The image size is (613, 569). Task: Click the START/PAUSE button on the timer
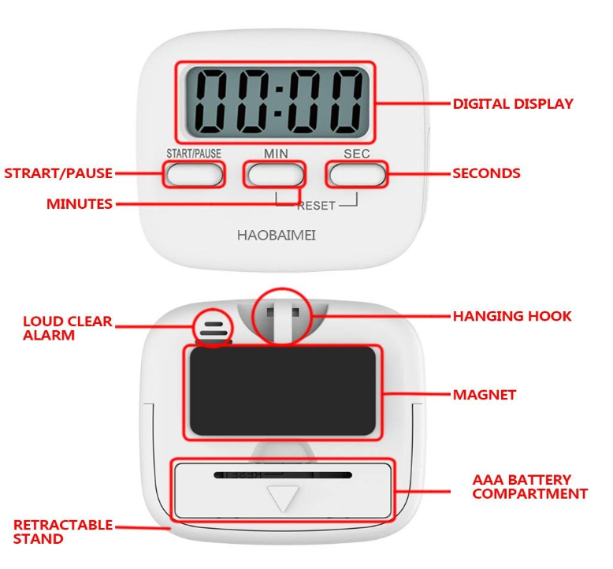pyautogui.click(x=194, y=173)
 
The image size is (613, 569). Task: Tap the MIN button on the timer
pyautogui.click(x=274, y=173)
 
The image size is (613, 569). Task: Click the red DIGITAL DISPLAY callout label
pyautogui.click(x=512, y=103)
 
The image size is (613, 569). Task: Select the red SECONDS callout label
pyautogui.click(x=486, y=173)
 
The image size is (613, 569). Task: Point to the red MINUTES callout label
pyautogui.click(x=80, y=204)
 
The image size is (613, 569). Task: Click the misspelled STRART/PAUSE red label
pyautogui.click(x=58, y=173)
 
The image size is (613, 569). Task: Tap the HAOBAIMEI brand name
pyautogui.click(x=277, y=235)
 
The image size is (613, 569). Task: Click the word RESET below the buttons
pyautogui.click(x=316, y=206)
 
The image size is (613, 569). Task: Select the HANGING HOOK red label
pyautogui.click(x=512, y=316)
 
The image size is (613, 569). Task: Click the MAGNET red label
pyautogui.click(x=484, y=394)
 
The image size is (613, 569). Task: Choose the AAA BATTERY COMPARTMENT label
pyautogui.click(x=529, y=486)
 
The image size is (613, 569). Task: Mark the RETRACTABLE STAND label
pyautogui.click(x=63, y=532)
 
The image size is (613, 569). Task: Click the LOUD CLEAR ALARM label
pyautogui.click(x=67, y=328)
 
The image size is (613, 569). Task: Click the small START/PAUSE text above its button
pyautogui.click(x=194, y=153)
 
